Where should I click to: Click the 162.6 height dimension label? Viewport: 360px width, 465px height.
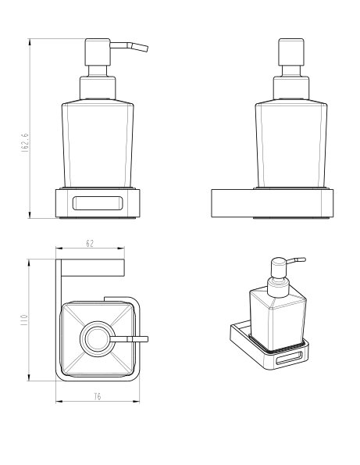click(25, 143)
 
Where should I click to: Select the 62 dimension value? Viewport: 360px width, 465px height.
click(90, 244)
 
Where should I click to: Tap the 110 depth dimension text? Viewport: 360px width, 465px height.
click(23, 320)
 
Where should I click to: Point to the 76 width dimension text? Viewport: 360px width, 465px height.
click(98, 396)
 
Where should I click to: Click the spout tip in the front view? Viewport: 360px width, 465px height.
click(146, 48)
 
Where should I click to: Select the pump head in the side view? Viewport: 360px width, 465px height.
click(291, 52)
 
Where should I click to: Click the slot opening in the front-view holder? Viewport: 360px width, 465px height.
click(97, 203)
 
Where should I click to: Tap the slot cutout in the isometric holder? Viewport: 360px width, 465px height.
click(289, 358)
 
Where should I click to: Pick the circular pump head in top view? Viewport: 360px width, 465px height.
click(98, 339)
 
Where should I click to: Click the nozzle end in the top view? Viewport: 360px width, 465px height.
click(147, 339)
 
